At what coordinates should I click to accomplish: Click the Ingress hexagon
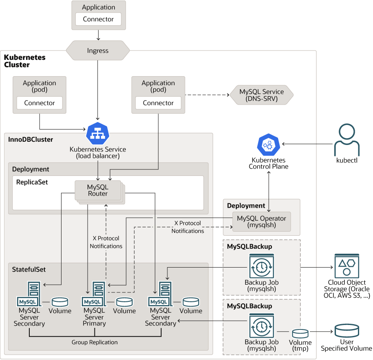[98, 50]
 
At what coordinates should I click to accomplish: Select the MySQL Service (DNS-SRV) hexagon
[261, 95]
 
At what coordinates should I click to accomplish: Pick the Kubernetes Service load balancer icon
[98, 133]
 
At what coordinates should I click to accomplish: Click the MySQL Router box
[98, 190]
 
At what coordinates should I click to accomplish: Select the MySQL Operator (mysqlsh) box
[261, 221]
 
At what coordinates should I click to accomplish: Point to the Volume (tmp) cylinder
[300, 333]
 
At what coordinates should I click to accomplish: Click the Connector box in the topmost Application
[99, 19]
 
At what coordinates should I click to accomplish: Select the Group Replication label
[94, 342]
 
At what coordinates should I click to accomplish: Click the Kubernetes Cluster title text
[24, 61]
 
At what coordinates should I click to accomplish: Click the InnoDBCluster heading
[31, 140]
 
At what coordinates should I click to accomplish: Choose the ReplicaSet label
[32, 182]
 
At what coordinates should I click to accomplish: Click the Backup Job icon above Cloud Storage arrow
[261, 266]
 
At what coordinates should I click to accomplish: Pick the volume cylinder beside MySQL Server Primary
[124, 302]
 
